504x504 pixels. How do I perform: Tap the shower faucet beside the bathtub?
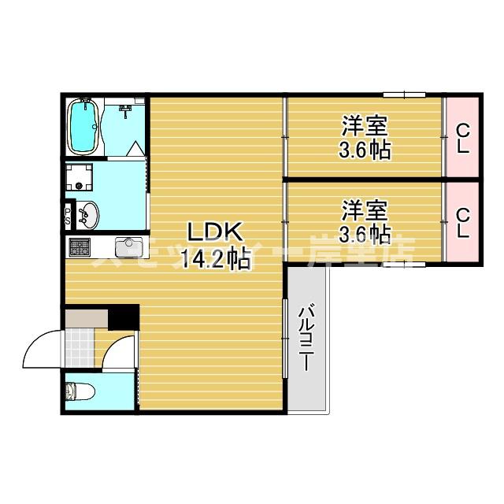124,111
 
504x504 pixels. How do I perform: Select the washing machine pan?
80,180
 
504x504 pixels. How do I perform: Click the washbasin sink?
88,214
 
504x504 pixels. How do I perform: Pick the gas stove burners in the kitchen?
80,248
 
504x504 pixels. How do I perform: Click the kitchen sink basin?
128,248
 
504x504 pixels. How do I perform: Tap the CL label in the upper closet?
462,138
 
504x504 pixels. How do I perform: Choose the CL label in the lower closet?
462,222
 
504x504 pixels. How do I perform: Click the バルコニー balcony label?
306,338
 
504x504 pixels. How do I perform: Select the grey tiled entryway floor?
80,347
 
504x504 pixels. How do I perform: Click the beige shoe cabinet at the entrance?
85,317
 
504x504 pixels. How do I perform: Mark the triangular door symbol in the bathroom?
135,148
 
